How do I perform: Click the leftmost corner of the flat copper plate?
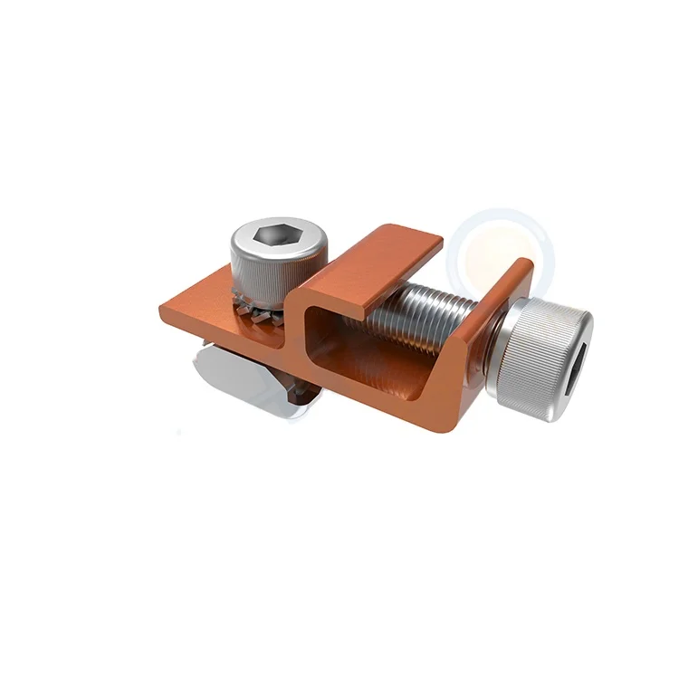[163, 311]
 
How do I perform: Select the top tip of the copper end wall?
[523, 263]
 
